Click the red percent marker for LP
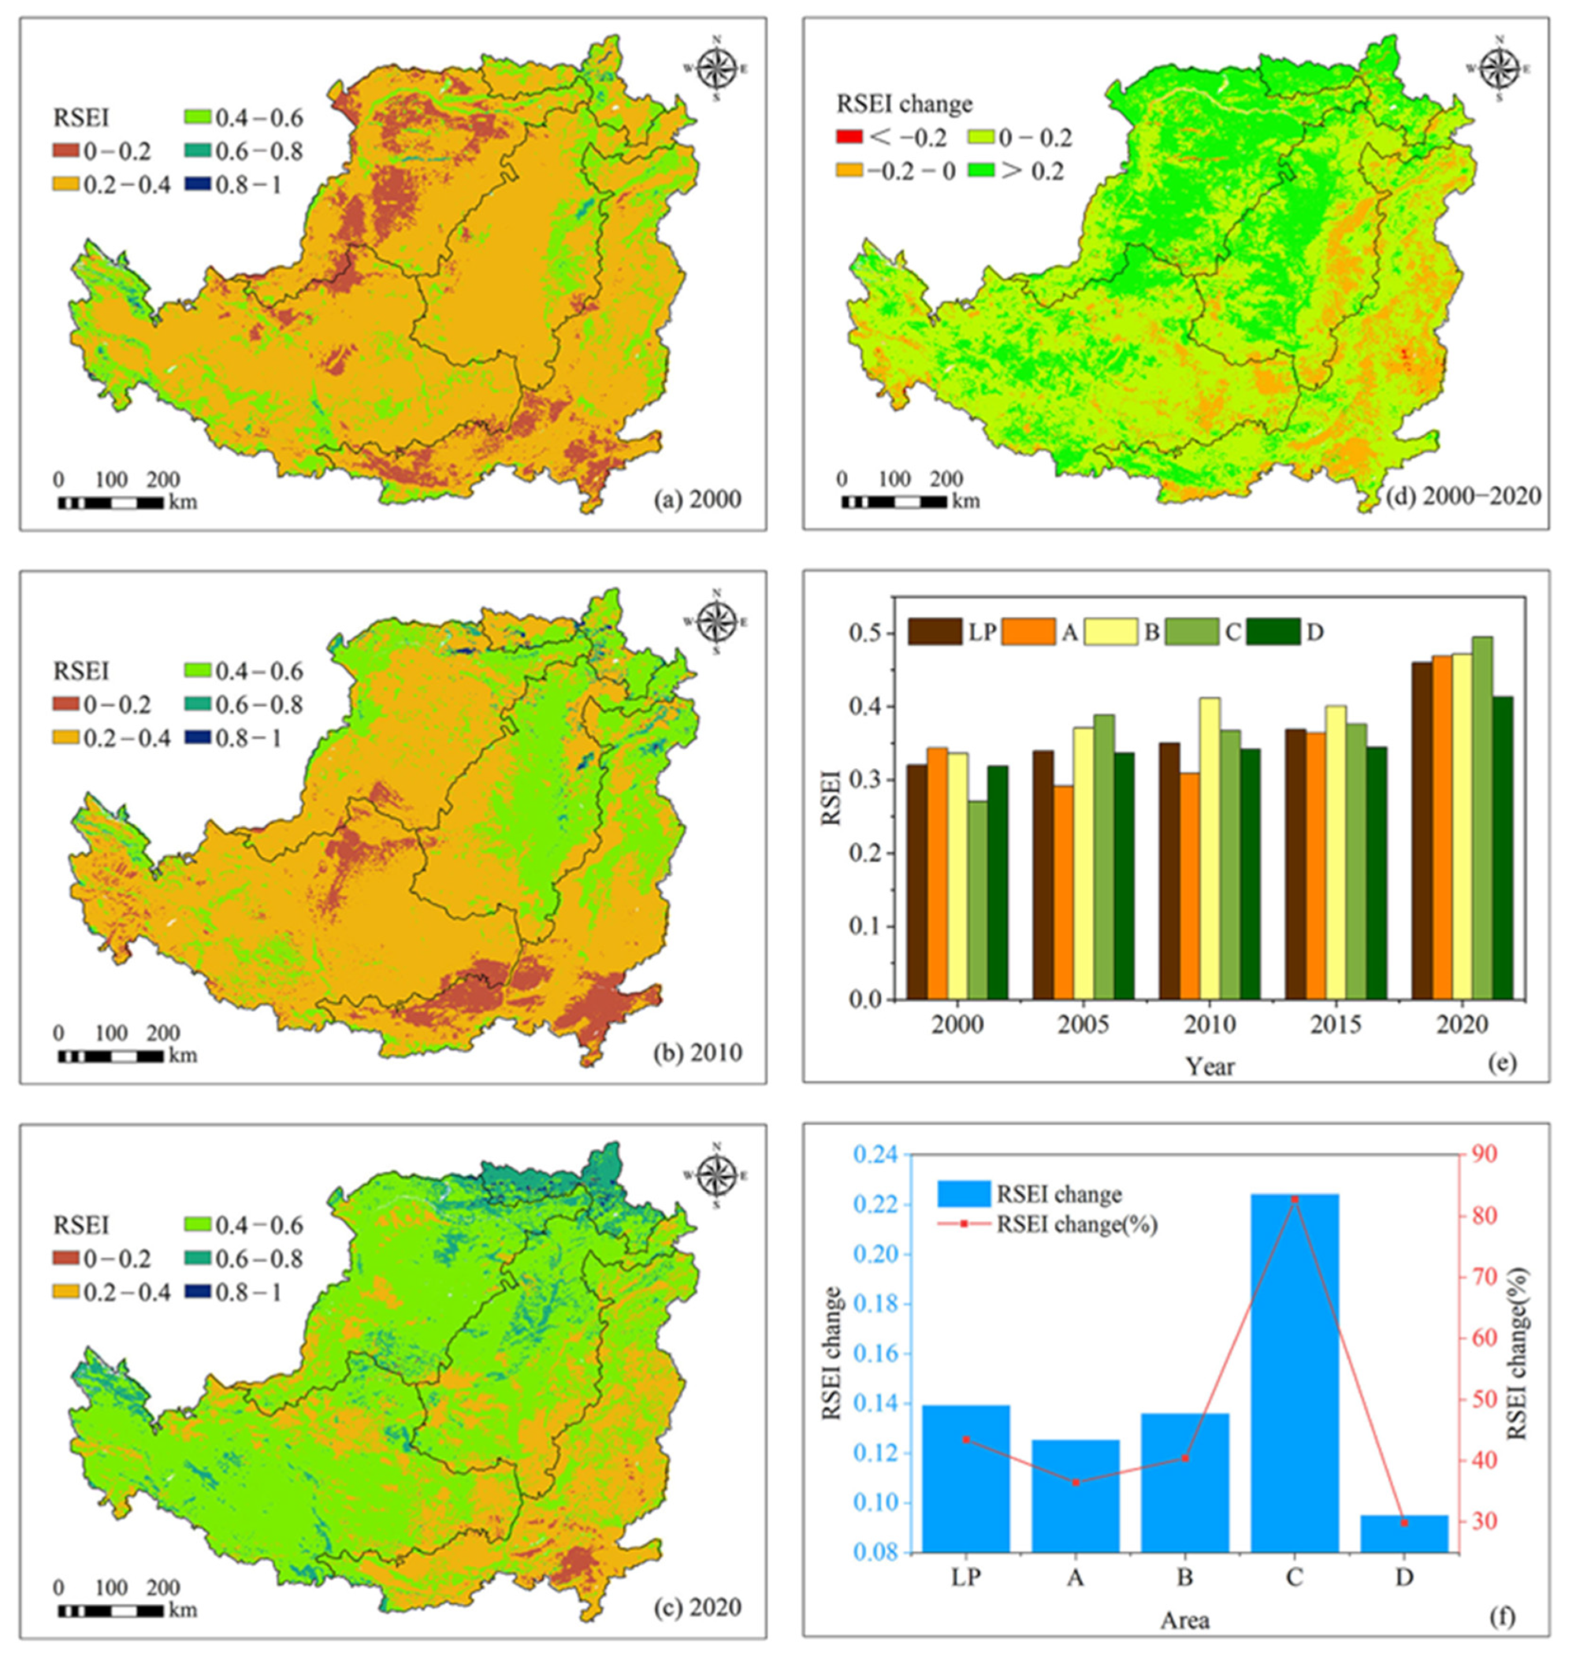pos(966,1439)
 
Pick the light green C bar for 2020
pos(1482,818)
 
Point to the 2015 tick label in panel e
pos(1336,1026)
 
